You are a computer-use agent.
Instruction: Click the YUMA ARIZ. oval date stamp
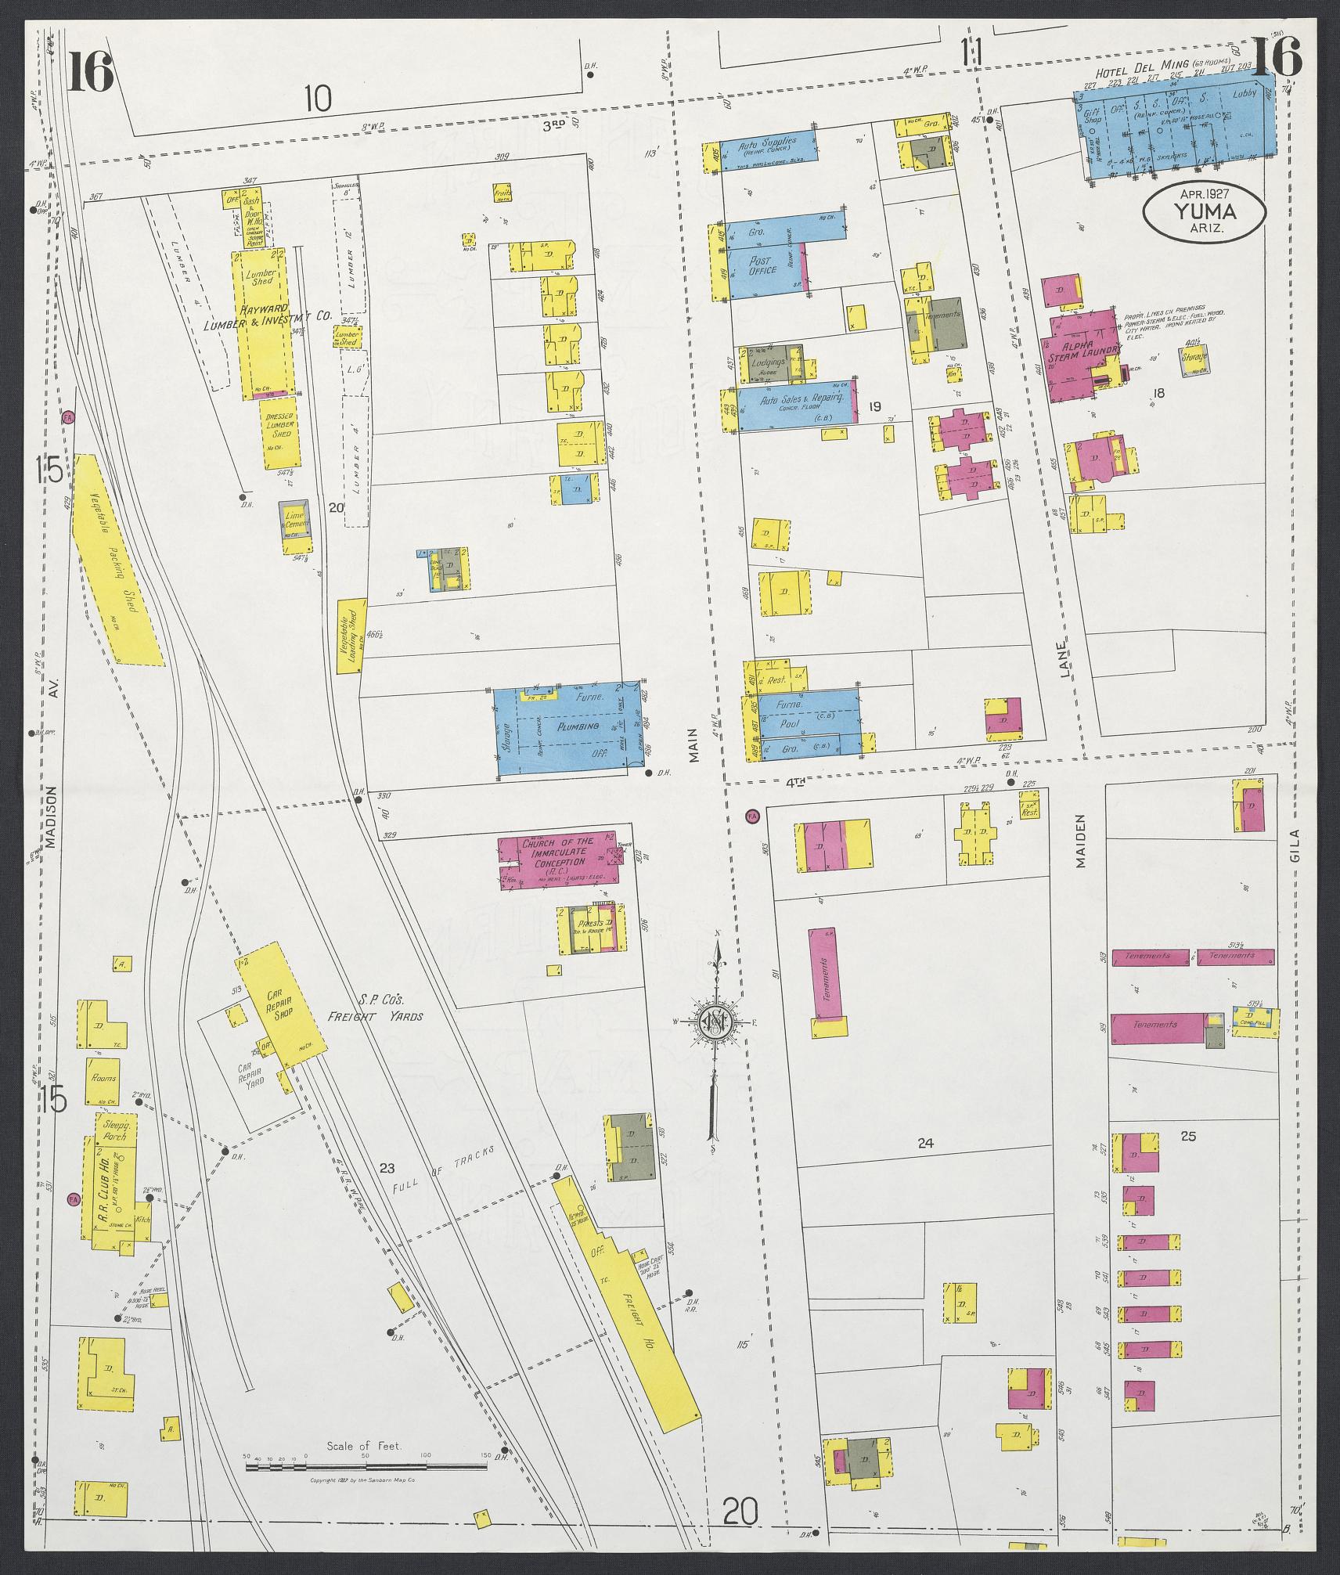tap(1204, 211)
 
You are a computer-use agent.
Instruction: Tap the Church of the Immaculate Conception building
tap(557, 860)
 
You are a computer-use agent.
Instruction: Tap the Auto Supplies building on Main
tap(768, 149)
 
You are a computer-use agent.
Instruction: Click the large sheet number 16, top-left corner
tap(91, 70)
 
